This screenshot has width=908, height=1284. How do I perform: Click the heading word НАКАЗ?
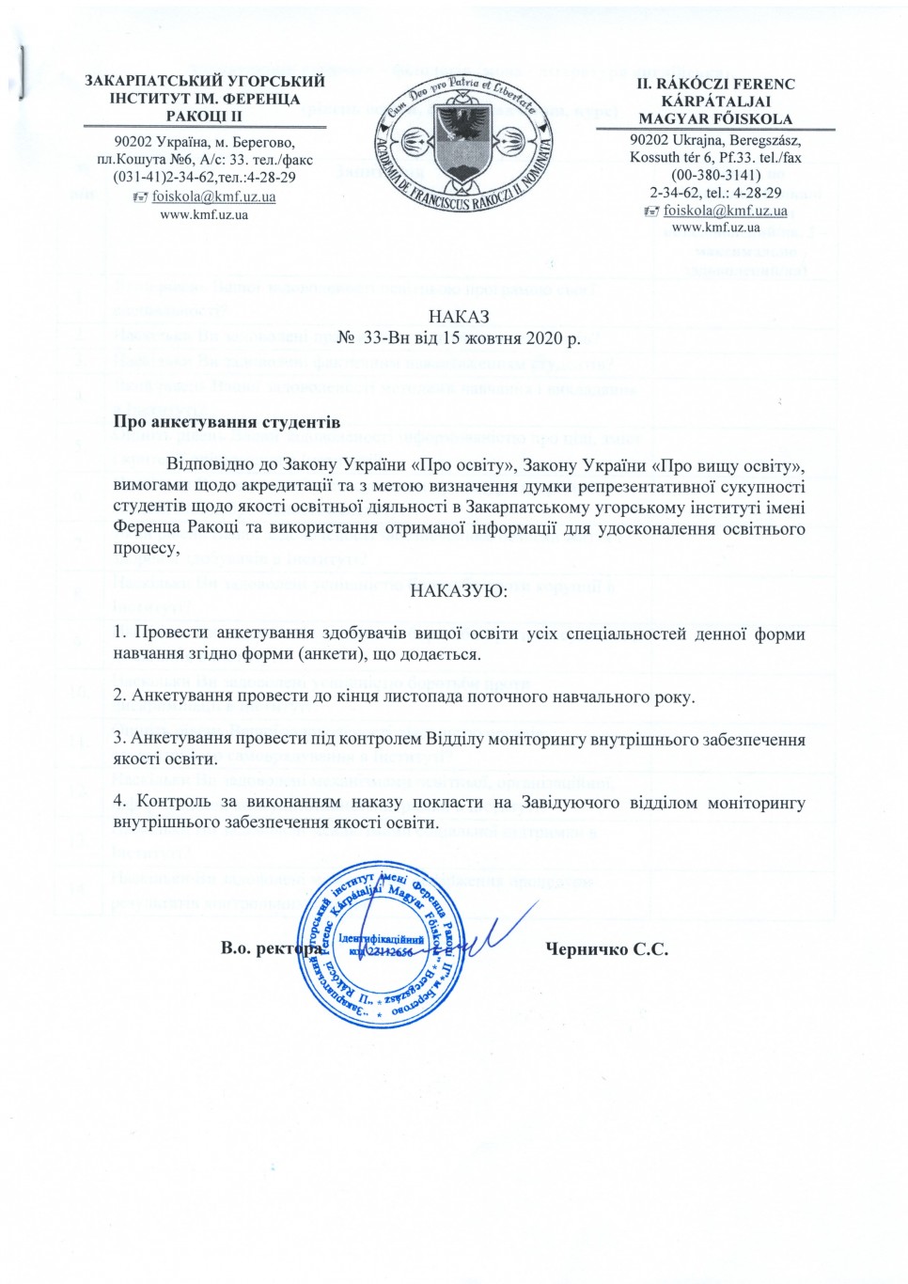click(x=459, y=317)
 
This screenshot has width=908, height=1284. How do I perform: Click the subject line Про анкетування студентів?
click(x=227, y=422)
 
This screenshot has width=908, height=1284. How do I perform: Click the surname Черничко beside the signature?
click(x=587, y=948)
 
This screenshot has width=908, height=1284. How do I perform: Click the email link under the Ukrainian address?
click(x=213, y=196)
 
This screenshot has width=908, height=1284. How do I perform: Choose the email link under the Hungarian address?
click(x=725, y=211)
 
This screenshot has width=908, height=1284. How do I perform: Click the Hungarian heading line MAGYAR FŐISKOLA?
click(x=715, y=118)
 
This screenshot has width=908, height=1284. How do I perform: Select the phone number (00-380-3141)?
click(x=716, y=175)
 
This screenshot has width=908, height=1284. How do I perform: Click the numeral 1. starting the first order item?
click(x=119, y=634)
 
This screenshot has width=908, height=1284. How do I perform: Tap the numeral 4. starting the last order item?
click(x=119, y=802)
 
